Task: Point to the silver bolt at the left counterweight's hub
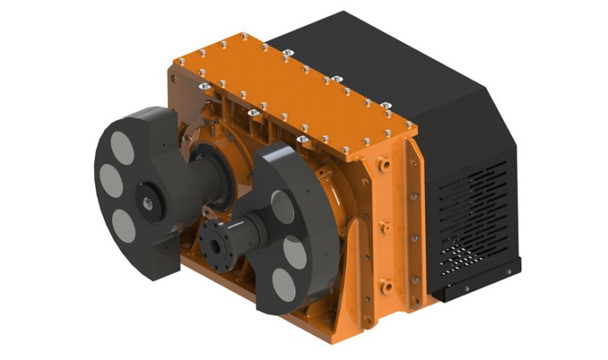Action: [x=147, y=201]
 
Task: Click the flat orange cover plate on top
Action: [x=289, y=84]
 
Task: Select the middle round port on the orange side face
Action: [x=384, y=227]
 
